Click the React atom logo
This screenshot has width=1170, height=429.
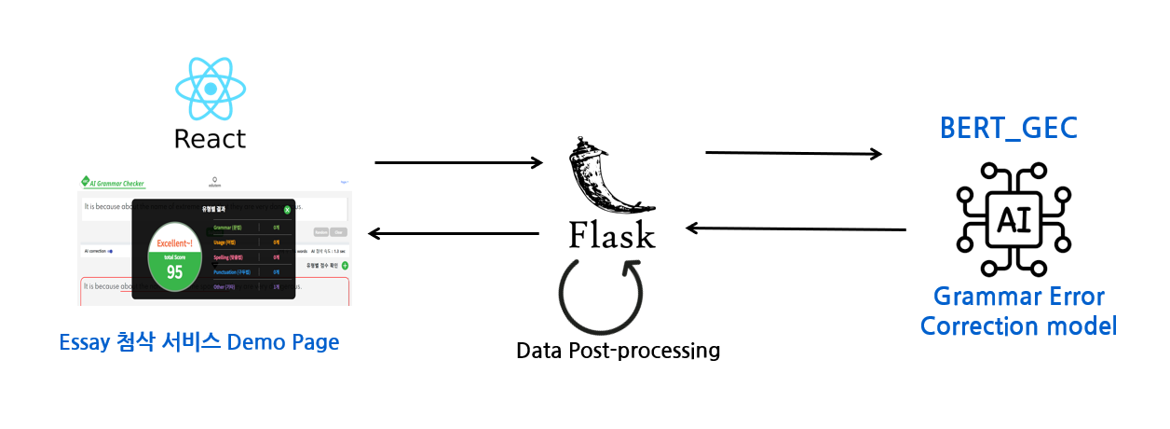[211, 89]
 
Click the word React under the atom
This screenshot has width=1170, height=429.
[211, 139]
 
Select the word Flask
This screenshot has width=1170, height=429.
[612, 234]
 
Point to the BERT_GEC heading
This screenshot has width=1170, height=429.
[1008, 129]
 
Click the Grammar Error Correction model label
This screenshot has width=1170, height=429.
[1018, 311]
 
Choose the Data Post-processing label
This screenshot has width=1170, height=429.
[618, 351]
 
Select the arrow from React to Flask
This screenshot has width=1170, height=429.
[458, 163]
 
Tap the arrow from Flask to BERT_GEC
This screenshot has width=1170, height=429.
[794, 153]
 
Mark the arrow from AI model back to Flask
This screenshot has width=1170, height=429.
[796, 228]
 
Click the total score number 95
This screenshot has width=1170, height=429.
[174, 271]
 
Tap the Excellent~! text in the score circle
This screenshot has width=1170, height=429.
[175, 241]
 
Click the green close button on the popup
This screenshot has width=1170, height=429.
[287, 210]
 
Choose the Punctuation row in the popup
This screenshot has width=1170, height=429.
[240, 272]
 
